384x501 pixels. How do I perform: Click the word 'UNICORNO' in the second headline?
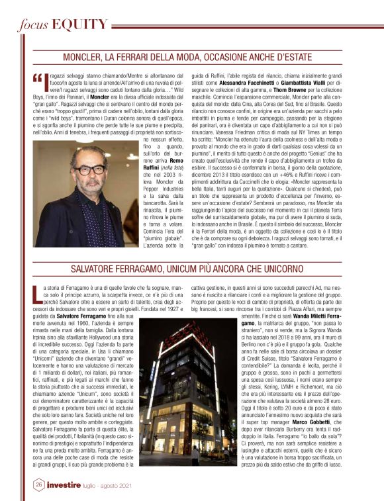(x=293, y=269)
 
